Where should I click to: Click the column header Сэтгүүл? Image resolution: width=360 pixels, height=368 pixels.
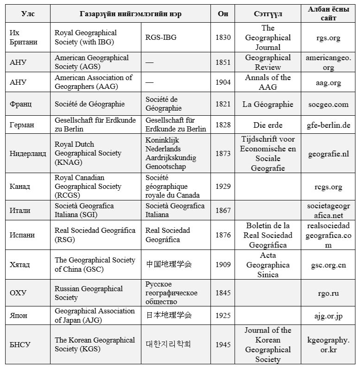pyautogui.click(x=268, y=14)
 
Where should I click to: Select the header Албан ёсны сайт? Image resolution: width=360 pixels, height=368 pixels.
pyautogui.click(x=328, y=14)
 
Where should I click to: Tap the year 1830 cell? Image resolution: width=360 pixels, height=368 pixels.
pyautogui.click(x=223, y=37)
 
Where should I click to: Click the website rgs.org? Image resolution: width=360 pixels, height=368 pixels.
pyautogui.click(x=328, y=37)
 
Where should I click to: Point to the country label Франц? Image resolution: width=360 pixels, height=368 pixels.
pyautogui.click(x=21, y=104)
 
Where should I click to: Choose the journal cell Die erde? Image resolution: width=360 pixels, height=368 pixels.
pyautogui.click(x=268, y=125)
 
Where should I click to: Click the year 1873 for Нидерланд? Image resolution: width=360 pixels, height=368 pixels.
pyautogui.click(x=223, y=153)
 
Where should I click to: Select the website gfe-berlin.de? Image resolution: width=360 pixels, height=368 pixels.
pyautogui.click(x=328, y=125)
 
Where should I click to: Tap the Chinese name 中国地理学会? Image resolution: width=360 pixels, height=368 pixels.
pyautogui.click(x=169, y=264)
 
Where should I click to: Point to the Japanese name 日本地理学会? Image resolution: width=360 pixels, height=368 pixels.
pyautogui.click(x=169, y=315)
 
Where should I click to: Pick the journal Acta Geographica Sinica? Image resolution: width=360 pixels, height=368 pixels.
pyautogui.click(x=268, y=265)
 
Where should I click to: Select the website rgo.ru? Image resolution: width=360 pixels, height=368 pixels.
pyautogui.click(x=328, y=293)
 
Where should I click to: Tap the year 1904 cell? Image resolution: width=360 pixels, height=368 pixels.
pyautogui.click(x=223, y=82)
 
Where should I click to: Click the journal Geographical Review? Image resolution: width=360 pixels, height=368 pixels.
pyautogui.click(x=268, y=62)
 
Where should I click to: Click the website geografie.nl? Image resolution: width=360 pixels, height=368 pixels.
pyautogui.click(x=328, y=153)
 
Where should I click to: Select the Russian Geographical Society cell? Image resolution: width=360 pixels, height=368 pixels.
pyautogui.click(x=88, y=293)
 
